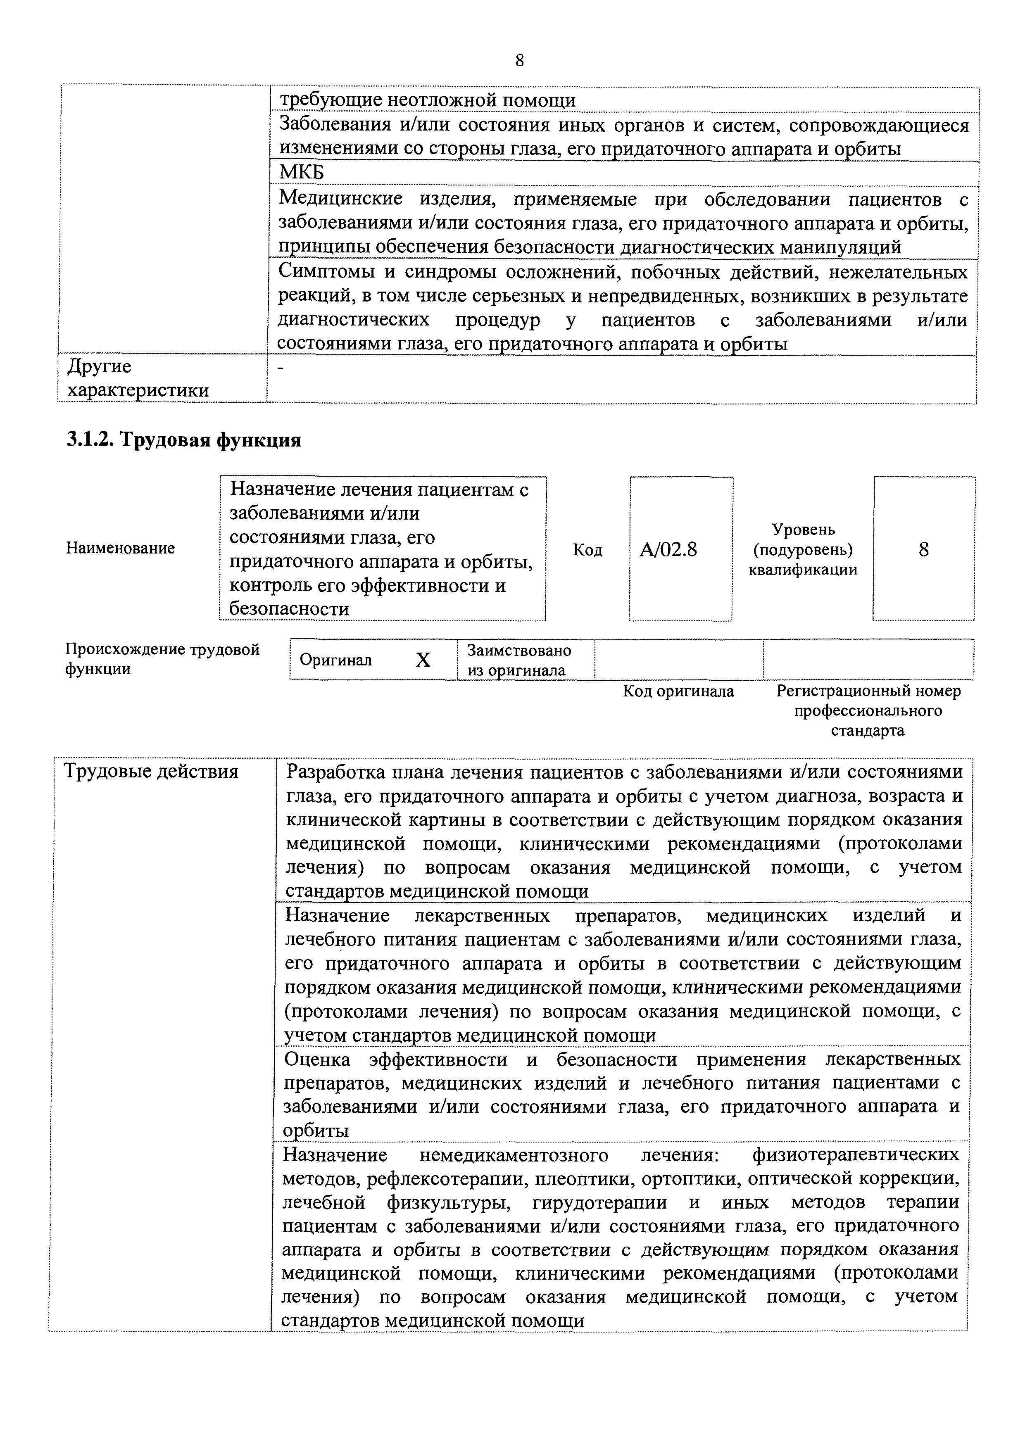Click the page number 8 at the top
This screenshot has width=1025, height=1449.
click(x=519, y=61)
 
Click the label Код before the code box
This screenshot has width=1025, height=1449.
click(x=587, y=550)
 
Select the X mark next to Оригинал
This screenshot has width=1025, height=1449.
click(x=423, y=660)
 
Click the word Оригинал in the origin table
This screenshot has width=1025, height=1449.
click(x=336, y=660)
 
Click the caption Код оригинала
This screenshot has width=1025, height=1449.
click(x=678, y=692)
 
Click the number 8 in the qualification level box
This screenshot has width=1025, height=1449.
click(x=923, y=550)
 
